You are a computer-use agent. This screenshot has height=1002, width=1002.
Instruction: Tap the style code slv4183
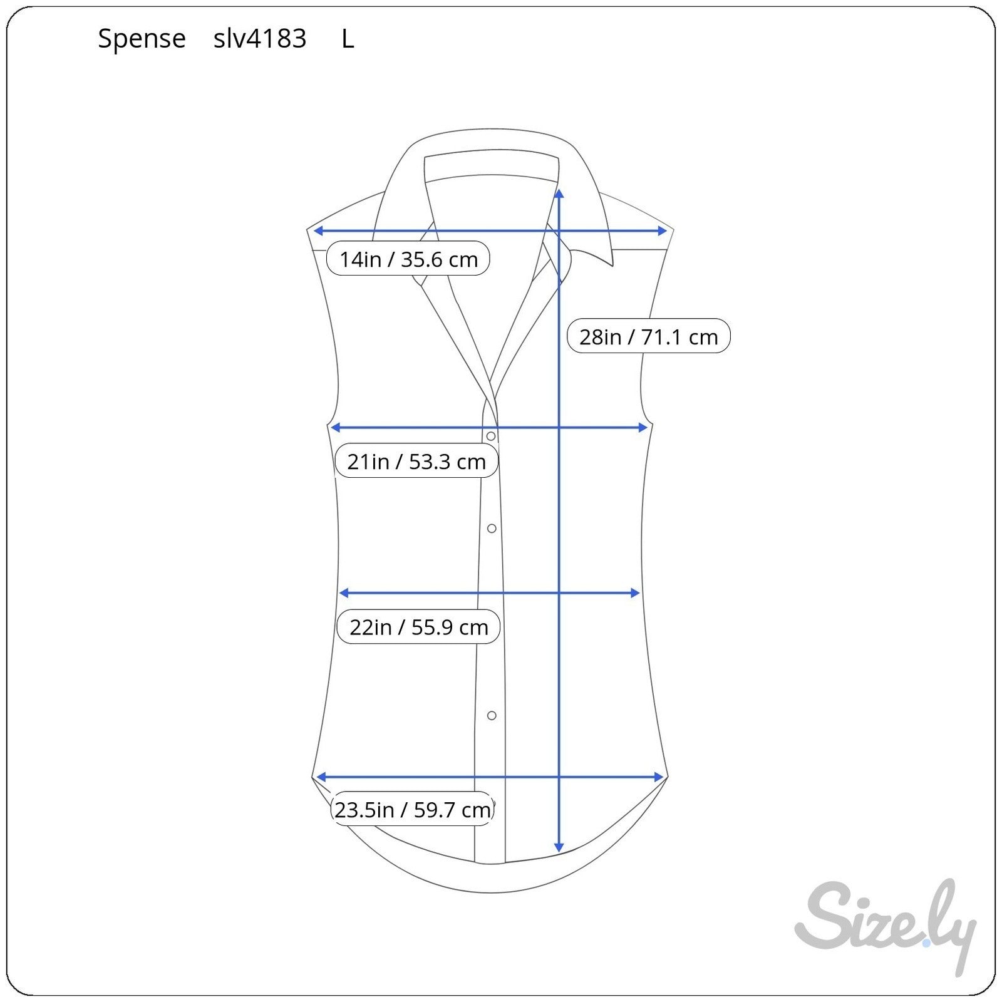pos(260,39)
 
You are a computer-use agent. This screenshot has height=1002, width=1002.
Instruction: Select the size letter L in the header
pos(348,39)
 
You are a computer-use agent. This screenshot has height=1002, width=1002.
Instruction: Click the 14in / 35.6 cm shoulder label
pos(408,259)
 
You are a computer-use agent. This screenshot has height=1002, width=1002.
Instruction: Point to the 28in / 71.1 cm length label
pos(648,336)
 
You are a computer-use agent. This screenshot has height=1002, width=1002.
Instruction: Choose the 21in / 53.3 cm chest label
pos(416,461)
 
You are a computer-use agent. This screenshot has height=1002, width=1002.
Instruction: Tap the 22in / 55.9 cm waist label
pos(418,626)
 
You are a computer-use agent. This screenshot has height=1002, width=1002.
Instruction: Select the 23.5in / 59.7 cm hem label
pos(412,809)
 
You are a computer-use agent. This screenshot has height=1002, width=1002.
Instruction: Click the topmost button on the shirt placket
pos(491,436)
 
